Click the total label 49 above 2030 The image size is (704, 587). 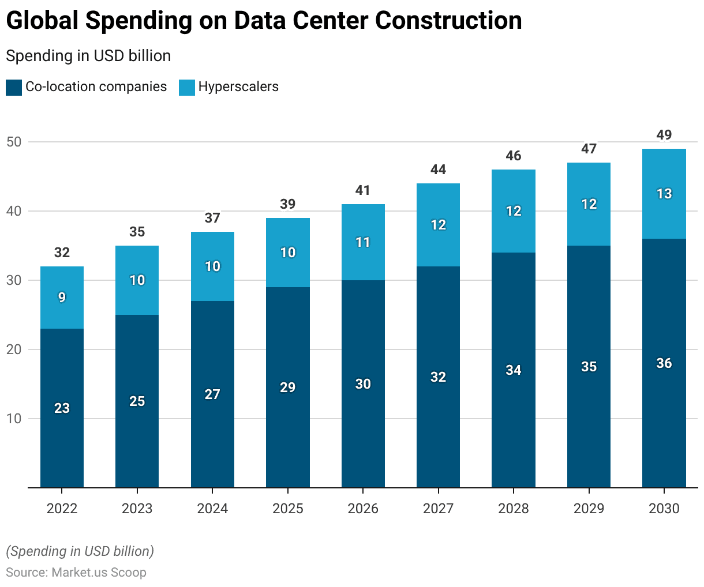click(664, 135)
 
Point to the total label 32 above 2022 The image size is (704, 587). click(62, 253)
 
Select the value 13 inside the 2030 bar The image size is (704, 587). click(664, 194)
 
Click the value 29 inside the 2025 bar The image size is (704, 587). click(288, 387)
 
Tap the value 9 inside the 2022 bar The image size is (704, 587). click(62, 298)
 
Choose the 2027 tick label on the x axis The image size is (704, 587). click(438, 509)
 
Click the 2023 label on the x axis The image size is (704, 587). click(137, 509)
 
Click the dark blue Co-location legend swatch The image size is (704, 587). click(14, 88)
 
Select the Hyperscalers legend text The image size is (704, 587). click(238, 87)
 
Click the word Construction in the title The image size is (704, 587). click(448, 21)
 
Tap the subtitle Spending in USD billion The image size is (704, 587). click(88, 56)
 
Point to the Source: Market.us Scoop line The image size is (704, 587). click(76, 573)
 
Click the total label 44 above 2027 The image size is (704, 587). click(438, 170)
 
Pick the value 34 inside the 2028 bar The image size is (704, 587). click(514, 370)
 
